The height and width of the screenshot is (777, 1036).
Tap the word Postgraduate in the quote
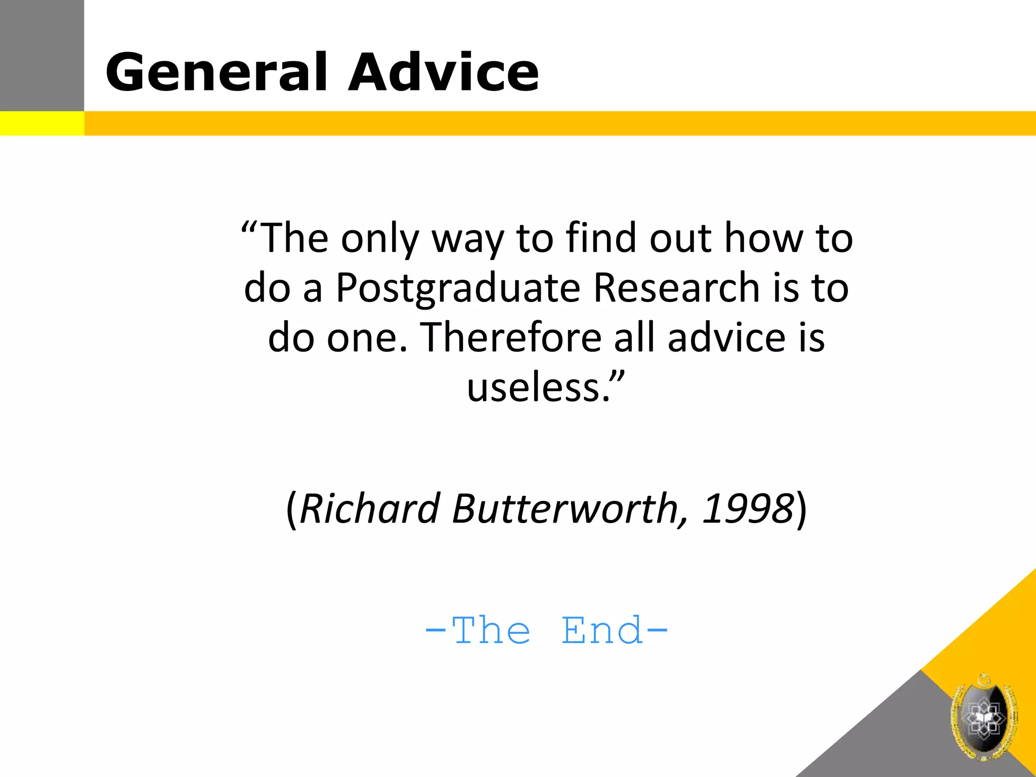pyautogui.click(x=457, y=289)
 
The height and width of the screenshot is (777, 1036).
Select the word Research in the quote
pyautogui.click(x=677, y=288)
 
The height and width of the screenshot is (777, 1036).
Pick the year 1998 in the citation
pyautogui.click(x=748, y=508)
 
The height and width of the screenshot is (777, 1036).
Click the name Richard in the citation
pyautogui.click(x=370, y=508)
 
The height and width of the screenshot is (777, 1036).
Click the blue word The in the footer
pyautogui.click(x=491, y=631)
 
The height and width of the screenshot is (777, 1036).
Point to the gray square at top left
pyautogui.click(x=41, y=55)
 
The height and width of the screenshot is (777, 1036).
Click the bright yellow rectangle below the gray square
pyautogui.click(x=41, y=123)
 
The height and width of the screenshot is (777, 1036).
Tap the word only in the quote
pyautogui.click(x=380, y=239)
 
